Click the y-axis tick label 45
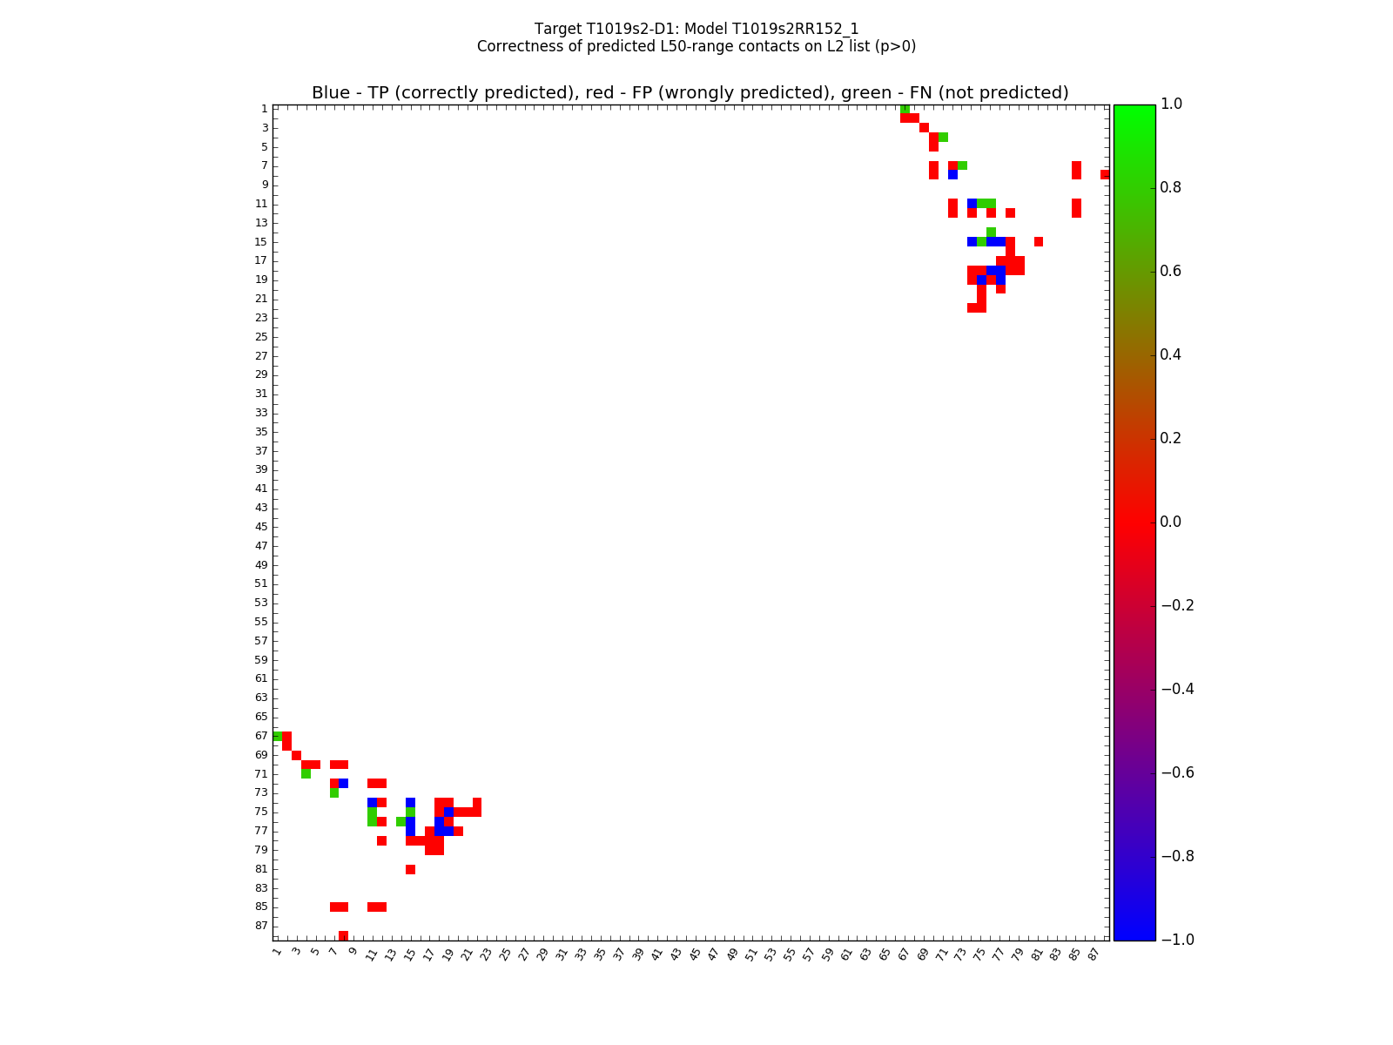(x=261, y=527)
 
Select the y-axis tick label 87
(x=261, y=926)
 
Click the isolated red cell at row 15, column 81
(x=1038, y=241)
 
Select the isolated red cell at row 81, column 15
(x=410, y=869)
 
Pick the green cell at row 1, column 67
(x=905, y=109)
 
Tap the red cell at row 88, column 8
(x=343, y=935)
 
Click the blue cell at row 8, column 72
(x=952, y=175)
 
